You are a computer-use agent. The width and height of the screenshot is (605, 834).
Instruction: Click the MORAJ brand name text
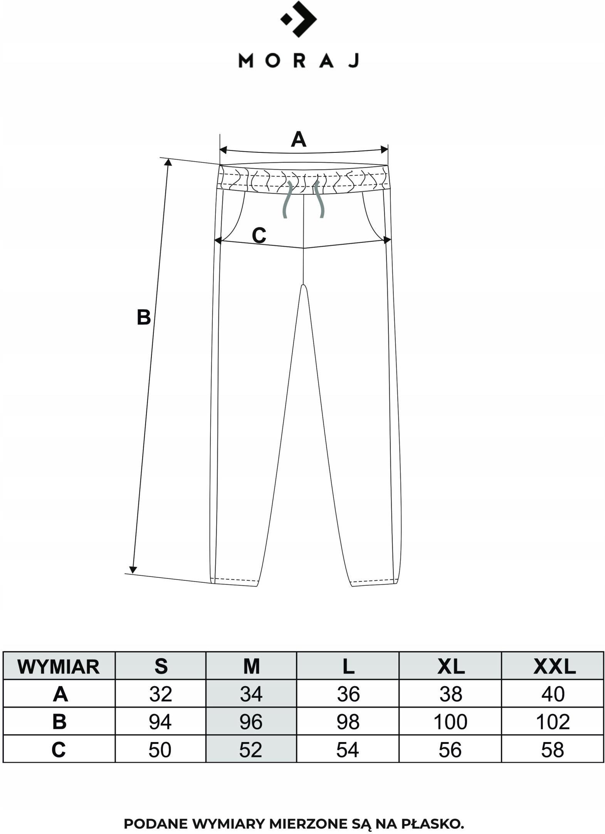click(x=299, y=61)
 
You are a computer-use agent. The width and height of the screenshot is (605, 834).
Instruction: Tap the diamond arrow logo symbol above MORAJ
click(x=299, y=19)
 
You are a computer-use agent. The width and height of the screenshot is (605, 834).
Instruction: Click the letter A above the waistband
click(x=299, y=139)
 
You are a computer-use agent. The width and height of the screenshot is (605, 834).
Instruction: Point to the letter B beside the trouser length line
click(x=144, y=318)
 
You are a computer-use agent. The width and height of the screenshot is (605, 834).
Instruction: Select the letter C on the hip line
click(x=259, y=236)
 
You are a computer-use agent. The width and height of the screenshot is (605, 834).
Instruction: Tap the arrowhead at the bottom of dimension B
click(x=133, y=570)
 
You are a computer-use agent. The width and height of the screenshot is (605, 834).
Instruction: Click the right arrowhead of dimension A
click(x=384, y=150)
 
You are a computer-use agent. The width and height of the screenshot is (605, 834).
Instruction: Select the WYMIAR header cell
click(x=59, y=667)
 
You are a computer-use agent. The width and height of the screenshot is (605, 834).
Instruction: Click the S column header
click(x=161, y=667)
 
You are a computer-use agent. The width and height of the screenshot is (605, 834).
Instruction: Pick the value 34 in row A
click(x=251, y=695)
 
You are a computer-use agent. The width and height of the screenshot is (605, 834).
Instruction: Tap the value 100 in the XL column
click(x=450, y=722)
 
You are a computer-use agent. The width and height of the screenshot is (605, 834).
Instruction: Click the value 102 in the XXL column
click(x=553, y=722)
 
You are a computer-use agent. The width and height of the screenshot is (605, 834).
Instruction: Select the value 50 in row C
click(x=160, y=750)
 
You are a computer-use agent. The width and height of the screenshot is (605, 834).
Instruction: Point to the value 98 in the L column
click(x=348, y=722)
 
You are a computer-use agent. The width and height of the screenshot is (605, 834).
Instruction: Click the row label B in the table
click(x=59, y=722)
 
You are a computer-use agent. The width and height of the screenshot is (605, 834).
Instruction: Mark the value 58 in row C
click(x=553, y=750)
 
